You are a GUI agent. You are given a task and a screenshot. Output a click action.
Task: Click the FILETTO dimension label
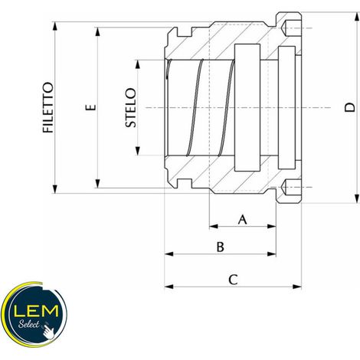(x=48, y=107)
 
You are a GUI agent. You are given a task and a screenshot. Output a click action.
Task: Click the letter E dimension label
(x=91, y=107)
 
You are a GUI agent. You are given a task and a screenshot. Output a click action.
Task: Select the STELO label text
(x=131, y=107)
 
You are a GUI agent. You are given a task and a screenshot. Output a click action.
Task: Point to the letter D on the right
(x=349, y=107)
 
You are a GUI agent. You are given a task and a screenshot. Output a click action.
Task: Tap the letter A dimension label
(x=243, y=220)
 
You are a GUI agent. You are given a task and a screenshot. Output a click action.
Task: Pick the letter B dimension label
(x=221, y=247)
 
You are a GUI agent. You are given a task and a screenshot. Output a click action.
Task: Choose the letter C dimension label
(x=233, y=280)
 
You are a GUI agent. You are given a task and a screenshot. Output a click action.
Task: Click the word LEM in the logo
(x=36, y=311)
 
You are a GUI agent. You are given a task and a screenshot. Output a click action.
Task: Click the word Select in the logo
(x=28, y=325)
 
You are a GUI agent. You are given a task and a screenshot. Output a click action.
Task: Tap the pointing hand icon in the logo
(x=48, y=331)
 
